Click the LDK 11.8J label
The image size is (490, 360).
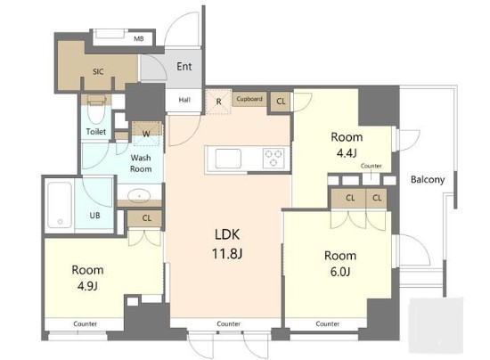pos(227,244)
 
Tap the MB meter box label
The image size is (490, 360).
pos(139,38)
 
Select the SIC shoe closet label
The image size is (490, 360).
pos(98,71)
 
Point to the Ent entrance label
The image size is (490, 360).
pos(184,66)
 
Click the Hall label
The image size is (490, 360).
pos(184,100)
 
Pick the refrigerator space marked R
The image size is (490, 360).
pos(219,102)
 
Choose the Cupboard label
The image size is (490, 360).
pos(249,99)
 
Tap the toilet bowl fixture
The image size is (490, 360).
pos(96,110)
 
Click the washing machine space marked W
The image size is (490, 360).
pos(147,134)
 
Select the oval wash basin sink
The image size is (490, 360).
pos(139,196)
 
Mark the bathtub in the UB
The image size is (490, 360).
pos(60,205)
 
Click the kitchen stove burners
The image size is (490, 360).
pos(274,158)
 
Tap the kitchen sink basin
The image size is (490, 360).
pos(228,159)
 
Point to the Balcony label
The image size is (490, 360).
pos(428,179)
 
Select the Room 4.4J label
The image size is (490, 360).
pos(347,145)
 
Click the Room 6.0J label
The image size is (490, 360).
pos(340,264)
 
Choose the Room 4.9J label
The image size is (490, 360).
pos(87,278)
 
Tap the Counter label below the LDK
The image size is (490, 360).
pos(228,323)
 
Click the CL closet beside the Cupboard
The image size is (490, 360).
pos(281,102)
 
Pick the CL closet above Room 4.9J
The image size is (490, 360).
pos(146,218)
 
